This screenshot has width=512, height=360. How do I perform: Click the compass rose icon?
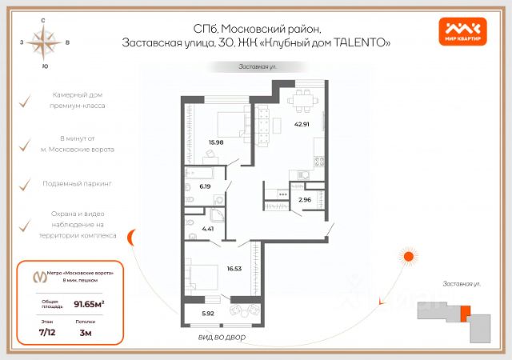pos(45,41)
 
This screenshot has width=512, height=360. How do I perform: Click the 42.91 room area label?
pos(302,124)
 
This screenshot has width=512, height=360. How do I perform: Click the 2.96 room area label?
pos(304,199)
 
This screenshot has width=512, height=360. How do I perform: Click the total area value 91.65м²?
pos(90,302)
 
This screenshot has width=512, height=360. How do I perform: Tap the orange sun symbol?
pos(408,257)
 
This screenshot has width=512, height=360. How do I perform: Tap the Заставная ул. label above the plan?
pos(255,67)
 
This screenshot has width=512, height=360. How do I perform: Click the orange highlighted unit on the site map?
pos(466,312)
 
